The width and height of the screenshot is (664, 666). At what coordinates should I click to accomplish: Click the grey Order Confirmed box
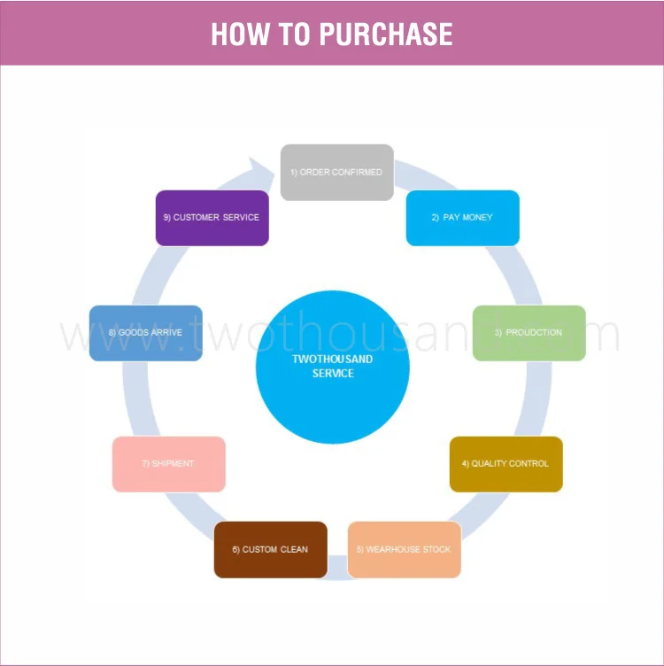click(336, 172)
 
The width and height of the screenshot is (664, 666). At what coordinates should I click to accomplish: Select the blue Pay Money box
click(462, 218)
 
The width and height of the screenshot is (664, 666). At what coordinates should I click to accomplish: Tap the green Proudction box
click(529, 333)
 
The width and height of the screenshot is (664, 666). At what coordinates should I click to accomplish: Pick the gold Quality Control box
click(506, 464)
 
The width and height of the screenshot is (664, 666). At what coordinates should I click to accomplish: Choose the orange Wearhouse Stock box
click(404, 550)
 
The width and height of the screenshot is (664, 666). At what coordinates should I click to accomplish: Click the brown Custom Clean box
click(270, 550)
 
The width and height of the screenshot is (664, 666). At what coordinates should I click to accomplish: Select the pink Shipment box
click(168, 464)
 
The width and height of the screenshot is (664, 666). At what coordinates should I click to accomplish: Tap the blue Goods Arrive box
click(145, 333)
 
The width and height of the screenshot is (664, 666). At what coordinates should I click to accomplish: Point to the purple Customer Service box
click(212, 218)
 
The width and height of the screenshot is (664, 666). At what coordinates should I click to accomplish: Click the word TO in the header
click(291, 34)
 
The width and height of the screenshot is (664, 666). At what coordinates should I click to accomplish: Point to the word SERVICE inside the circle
click(333, 374)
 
